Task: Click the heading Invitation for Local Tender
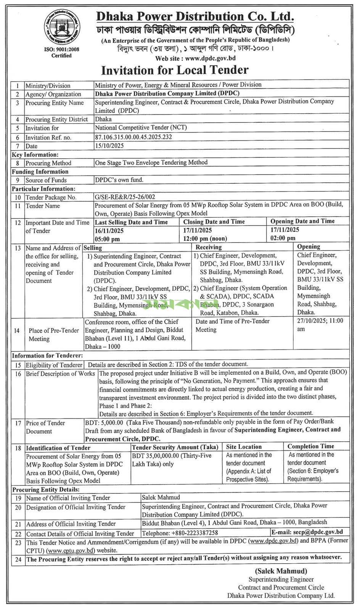click(175, 70)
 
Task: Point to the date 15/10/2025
click(109, 146)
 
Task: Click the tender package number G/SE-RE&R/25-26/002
click(125, 197)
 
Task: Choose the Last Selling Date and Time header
click(131, 222)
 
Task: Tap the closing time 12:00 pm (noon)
click(205, 239)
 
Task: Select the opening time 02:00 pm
click(283, 238)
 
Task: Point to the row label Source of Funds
click(46, 180)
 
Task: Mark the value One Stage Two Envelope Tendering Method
click(151, 162)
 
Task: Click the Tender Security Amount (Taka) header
click(175, 447)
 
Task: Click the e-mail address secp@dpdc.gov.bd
click(318, 532)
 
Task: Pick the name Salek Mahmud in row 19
click(161, 497)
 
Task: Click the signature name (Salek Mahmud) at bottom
click(281, 571)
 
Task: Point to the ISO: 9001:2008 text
click(62, 50)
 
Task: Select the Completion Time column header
click(311, 446)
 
